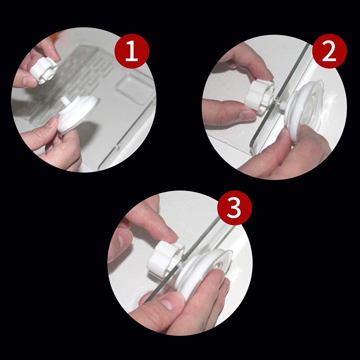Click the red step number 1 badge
click(132, 51)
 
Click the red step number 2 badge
click(329, 51)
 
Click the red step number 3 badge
click(234, 208)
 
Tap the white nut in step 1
click(44, 70)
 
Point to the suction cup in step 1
click(78, 114)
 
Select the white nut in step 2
click(260, 96)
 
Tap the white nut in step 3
click(165, 259)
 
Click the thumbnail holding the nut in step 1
click(29, 81)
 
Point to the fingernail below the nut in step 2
click(247, 116)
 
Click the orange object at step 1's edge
click(54, 37)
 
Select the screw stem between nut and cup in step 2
click(279, 103)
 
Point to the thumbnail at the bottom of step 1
click(50, 122)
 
